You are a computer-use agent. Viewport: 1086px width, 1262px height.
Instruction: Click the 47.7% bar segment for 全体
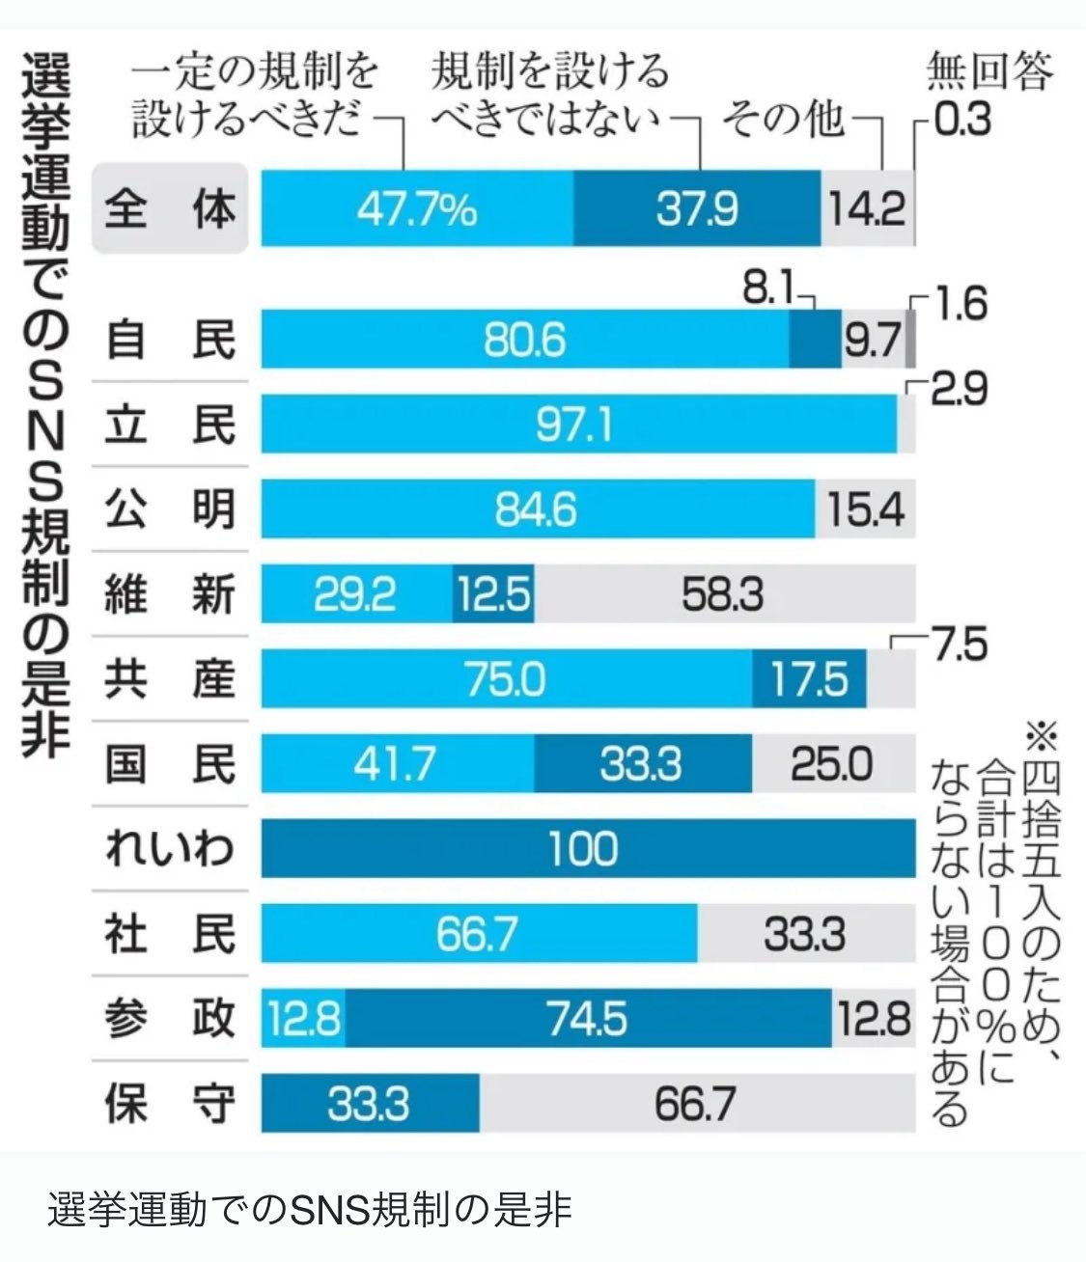click(x=417, y=208)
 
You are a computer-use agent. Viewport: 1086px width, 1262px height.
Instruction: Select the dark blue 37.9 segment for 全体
click(x=697, y=208)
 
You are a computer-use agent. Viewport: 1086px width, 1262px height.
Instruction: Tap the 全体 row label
click(x=170, y=208)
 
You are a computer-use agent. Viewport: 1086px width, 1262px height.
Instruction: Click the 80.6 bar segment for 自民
click(x=525, y=340)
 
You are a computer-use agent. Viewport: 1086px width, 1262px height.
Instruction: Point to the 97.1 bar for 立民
click(x=577, y=425)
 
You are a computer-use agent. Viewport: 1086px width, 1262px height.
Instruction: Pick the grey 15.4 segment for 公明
click(x=865, y=509)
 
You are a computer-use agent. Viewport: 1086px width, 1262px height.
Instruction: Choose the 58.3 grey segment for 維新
click(x=724, y=594)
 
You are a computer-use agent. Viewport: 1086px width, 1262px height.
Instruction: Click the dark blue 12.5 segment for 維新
click(x=493, y=594)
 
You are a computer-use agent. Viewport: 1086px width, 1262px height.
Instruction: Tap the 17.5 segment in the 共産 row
click(x=809, y=679)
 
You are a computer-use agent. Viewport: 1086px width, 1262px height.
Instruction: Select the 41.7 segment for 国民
click(x=396, y=764)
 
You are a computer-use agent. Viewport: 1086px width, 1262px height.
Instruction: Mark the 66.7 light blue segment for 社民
click(x=478, y=934)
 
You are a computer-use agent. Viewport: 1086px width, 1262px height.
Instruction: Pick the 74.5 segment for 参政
click(x=588, y=1019)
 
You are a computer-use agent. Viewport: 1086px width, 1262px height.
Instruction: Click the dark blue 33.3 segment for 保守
click(x=370, y=1104)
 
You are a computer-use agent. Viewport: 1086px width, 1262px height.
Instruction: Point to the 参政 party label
click(x=170, y=1019)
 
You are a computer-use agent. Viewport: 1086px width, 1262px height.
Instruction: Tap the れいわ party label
click(x=170, y=849)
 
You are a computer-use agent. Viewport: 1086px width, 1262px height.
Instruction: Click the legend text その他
click(x=783, y=120)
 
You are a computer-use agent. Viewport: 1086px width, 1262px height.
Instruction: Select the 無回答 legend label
click(x=988, y=71)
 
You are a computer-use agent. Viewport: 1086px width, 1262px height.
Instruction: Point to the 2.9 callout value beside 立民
click(x=960, y=390)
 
